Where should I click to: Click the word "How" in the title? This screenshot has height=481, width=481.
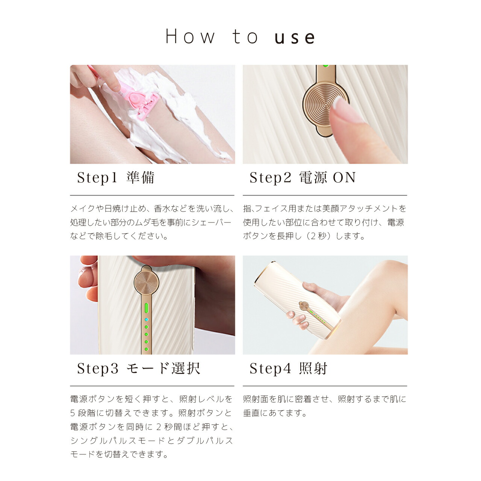coord(190,36)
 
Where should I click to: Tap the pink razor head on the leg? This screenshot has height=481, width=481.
coord(143,102)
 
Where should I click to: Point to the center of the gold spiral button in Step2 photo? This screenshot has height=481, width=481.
coord(325,105)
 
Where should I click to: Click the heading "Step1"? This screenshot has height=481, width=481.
coord(97,178)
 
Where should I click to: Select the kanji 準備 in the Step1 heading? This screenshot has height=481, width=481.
coord(141,178)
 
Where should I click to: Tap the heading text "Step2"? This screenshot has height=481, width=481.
coord(270,178)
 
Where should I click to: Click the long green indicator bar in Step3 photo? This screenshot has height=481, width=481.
coord(146,308)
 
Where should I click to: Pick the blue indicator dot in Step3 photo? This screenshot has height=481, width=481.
coord(146,320)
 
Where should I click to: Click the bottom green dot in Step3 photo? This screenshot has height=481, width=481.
coord(146,349)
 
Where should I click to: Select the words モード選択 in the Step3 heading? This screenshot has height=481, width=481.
coord(163,368)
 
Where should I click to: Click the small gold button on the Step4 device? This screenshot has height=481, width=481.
coord(304,306)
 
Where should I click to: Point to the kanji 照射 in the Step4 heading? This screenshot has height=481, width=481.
coord(313,368)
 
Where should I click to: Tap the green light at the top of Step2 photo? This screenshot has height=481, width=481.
coord(325,66)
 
